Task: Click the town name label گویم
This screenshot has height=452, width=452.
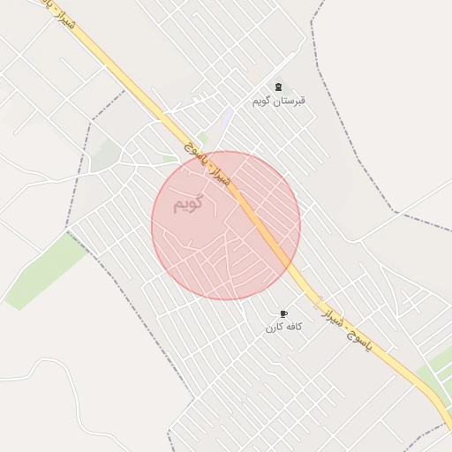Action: (x=187, y=204)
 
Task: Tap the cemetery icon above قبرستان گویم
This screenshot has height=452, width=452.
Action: (x=279, y=87)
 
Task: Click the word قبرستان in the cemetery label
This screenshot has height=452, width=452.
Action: (x=290, y=101)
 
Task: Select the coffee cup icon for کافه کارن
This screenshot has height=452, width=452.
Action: (x=284, y=313)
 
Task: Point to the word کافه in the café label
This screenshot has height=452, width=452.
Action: (x=293, y=327)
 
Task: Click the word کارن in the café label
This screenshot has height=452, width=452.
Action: (x=275, y=327)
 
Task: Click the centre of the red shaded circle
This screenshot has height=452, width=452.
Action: (x=226, y=225)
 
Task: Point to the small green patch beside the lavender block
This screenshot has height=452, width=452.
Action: (x=203, y=139)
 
